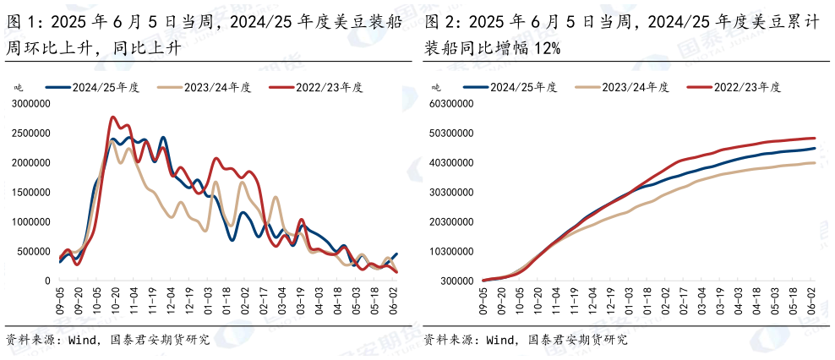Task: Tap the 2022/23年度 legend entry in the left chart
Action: click(316, 87)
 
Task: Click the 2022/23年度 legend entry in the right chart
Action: click(734, 87)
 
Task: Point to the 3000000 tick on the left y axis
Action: click(30, 104)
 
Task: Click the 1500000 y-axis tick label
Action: click(30, 193)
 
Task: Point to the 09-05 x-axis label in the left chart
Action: click(61, 300)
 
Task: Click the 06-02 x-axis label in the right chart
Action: click(813, 300)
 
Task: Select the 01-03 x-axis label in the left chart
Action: click(209, 300)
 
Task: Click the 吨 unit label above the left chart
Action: click(18, 87)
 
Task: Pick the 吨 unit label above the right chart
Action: click(436, 87)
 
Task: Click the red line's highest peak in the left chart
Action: click(113, 118)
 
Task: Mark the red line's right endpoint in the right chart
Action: click(814, 139)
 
